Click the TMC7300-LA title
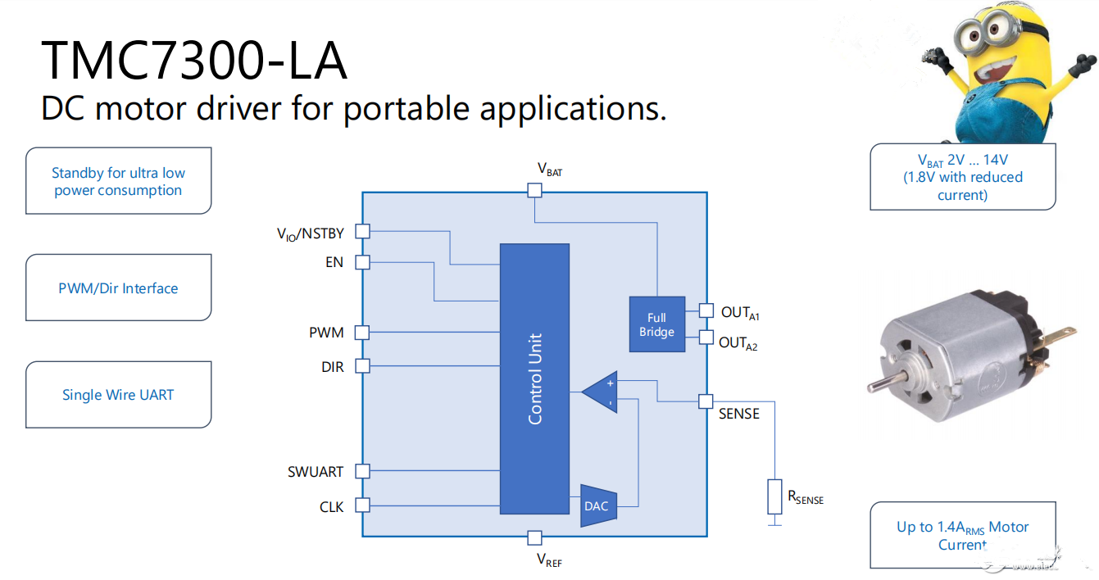pos(194,60)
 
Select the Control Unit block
pos(534,378)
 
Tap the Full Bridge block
pos(656,324)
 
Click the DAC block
pos(597,505)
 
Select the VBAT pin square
pos(534,190)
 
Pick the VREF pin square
pos(534,537)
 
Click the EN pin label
pos(334,262)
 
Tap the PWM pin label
pos(326,333)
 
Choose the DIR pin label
pos(332,367)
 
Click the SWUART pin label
pos(316,472)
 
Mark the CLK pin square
pos(362,505)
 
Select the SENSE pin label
pos(739,415)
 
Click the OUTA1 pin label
pos(740,313)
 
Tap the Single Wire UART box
pos(118,394)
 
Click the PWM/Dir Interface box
pos(118,288)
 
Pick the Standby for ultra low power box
pos(118,181)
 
